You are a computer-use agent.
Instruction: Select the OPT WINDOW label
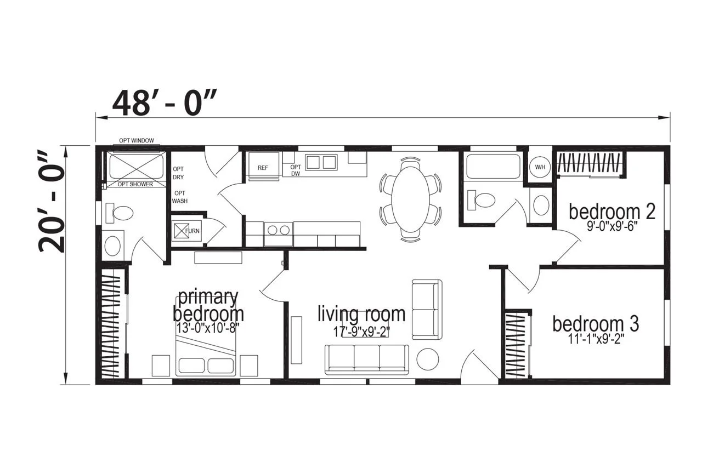[137, 141]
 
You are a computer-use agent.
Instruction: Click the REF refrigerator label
[263, 168]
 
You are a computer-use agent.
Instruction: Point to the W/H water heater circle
[540, 167]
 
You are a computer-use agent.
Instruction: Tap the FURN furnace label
[193, 231]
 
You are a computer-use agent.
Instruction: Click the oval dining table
[410, 199]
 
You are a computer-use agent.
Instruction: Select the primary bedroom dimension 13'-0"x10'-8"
[207, 329]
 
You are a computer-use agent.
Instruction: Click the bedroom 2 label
[612, 212]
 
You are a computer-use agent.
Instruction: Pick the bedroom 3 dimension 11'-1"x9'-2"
[594, 339]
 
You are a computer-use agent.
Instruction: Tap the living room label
[361, 314]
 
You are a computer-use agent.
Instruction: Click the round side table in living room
[427, 359]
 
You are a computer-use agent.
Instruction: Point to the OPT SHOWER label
[135, 184]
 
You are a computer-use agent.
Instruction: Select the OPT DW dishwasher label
[295, 170]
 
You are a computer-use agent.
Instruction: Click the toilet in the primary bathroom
[120, 213]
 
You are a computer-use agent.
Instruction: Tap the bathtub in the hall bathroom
[493, 167]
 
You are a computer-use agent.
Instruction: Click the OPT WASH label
[179, 197]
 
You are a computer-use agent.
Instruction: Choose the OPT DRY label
[178, 173]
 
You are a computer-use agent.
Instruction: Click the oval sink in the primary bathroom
[112, 246]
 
